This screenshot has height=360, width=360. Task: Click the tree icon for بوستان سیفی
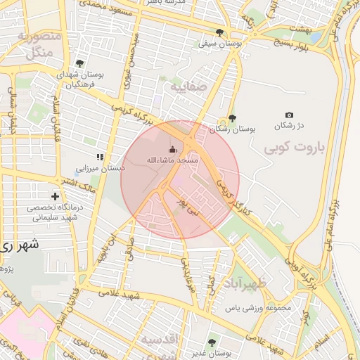(220, 32)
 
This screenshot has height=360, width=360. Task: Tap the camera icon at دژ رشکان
(289, 115)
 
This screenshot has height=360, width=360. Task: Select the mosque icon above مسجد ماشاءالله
(173, 148)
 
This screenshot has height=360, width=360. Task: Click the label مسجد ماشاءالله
(172, 160)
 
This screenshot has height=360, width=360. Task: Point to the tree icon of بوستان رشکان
(232, 118)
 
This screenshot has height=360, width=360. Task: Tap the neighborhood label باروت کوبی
(293, 149)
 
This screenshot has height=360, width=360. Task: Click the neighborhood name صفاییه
(188, 87)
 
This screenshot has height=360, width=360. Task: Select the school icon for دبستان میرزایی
(101, 157)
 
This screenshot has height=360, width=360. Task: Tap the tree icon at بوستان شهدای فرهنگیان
(79, 63)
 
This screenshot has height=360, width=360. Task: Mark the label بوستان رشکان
(235, 129)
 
